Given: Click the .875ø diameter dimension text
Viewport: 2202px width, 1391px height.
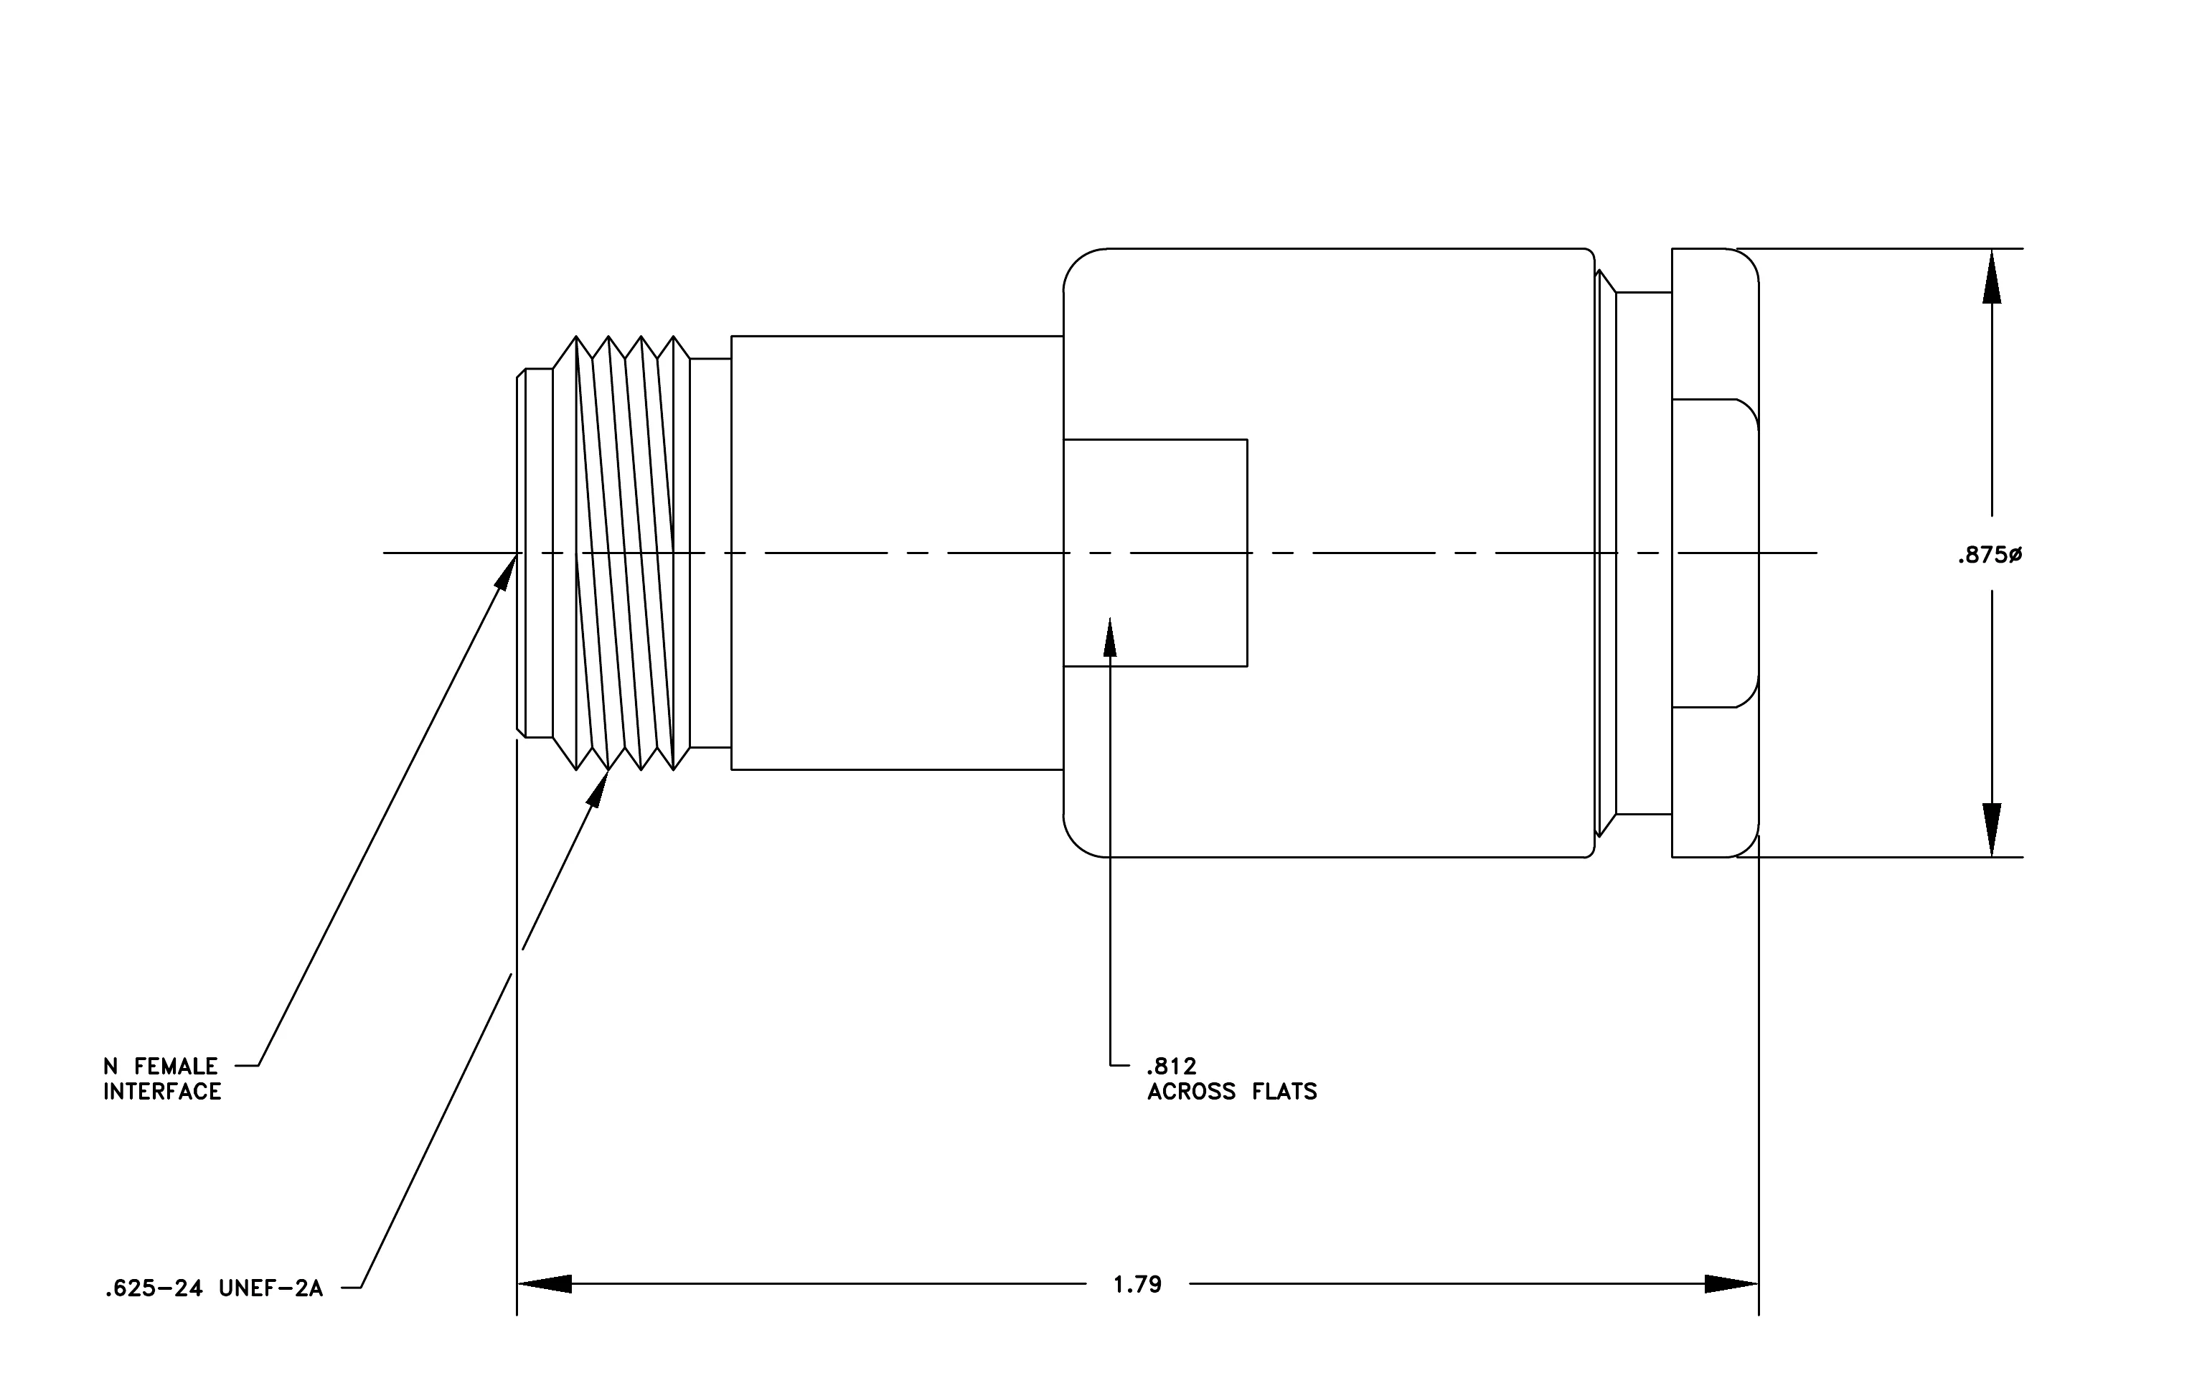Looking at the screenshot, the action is (1989, 555).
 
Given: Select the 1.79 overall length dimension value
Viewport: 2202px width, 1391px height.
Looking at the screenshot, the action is (1137, 1285).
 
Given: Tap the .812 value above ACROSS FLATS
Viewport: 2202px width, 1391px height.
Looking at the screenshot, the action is (1172, 1067).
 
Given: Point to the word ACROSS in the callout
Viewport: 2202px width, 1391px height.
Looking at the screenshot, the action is (1192, 1092).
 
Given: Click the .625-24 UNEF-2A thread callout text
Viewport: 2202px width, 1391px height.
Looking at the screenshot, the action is (214, 1290).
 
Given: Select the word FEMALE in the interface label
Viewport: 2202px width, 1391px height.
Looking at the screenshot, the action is (176, 1067).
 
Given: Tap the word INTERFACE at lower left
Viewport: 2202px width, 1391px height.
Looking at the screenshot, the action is (162, 1092).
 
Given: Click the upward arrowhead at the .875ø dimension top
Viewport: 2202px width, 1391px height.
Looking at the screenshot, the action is (1992, 276).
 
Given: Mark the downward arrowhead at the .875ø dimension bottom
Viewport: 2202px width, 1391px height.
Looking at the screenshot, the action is (1992, 830).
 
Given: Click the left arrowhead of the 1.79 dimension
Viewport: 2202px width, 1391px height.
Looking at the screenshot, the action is (545, 1284).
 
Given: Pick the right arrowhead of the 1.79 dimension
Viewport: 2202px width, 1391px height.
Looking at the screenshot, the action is (1731, 1284).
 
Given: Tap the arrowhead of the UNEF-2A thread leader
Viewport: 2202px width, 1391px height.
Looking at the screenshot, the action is (597, 788).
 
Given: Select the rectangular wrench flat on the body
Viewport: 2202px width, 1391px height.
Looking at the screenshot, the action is (1155, 553).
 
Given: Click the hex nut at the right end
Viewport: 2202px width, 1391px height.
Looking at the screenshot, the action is (1716, 553).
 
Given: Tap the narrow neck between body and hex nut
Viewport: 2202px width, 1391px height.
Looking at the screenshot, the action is (1643, 553).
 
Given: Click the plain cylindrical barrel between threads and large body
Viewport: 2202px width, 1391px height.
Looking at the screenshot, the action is (897, 553).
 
